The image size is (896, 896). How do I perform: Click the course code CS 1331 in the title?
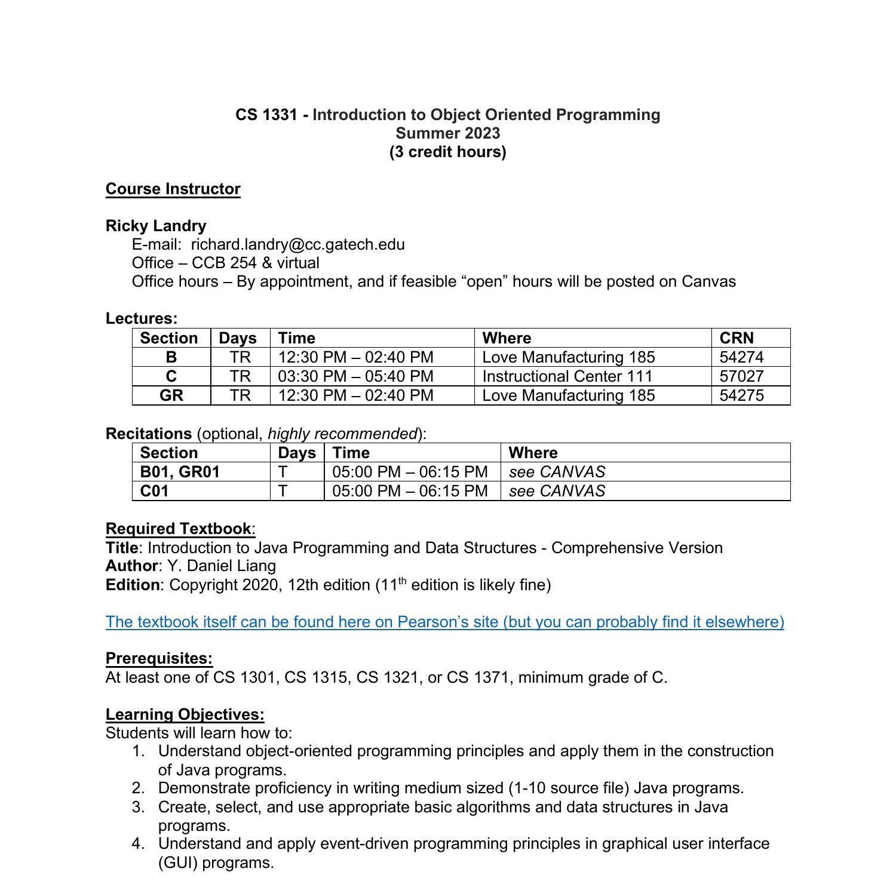(x=266, y=115)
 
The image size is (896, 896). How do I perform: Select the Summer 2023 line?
(x=447, y=133)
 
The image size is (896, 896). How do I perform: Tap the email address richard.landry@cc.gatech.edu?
(x=297, y=244)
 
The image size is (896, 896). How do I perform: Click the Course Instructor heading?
(x=173, y=189)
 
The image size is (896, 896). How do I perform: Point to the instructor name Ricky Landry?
(x=156, y=226)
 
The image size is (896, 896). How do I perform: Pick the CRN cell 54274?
(x=741, y=357)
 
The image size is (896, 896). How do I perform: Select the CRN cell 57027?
(x=741, y=376)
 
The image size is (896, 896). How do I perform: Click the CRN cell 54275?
(x=741, y=395)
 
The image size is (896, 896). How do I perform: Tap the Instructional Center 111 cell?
(x=567, y=376)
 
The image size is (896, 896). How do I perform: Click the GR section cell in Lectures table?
(x=171, y=395)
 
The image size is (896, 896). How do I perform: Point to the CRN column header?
(x=737, y=338)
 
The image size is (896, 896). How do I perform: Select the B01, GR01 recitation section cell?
(x=180, y=472)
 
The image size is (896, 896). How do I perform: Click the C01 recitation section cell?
(x=154, y=491)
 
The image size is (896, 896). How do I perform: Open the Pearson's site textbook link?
(x=444, y=622)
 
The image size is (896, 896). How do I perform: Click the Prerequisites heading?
(x=159, y=658)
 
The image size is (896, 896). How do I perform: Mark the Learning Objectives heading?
(x=185, y=714)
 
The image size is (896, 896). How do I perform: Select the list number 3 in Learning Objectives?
(x=138, y=807)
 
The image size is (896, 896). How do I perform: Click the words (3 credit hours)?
(x=447, y=152)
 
